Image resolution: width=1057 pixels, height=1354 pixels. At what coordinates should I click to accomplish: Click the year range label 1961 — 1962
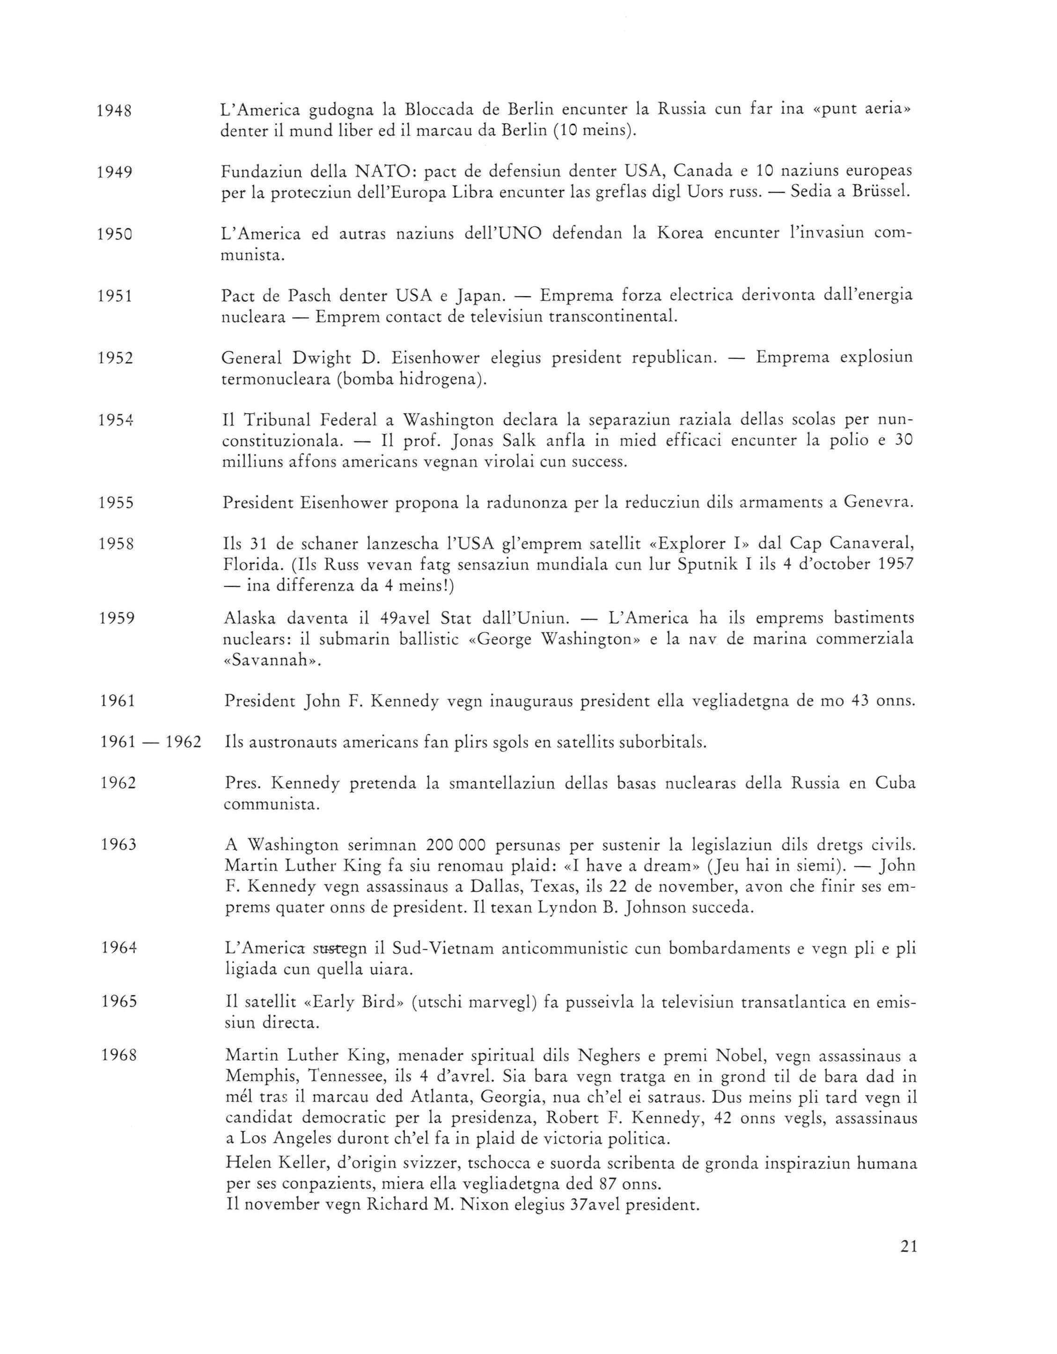pyautogui.click(x=151, y=742)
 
